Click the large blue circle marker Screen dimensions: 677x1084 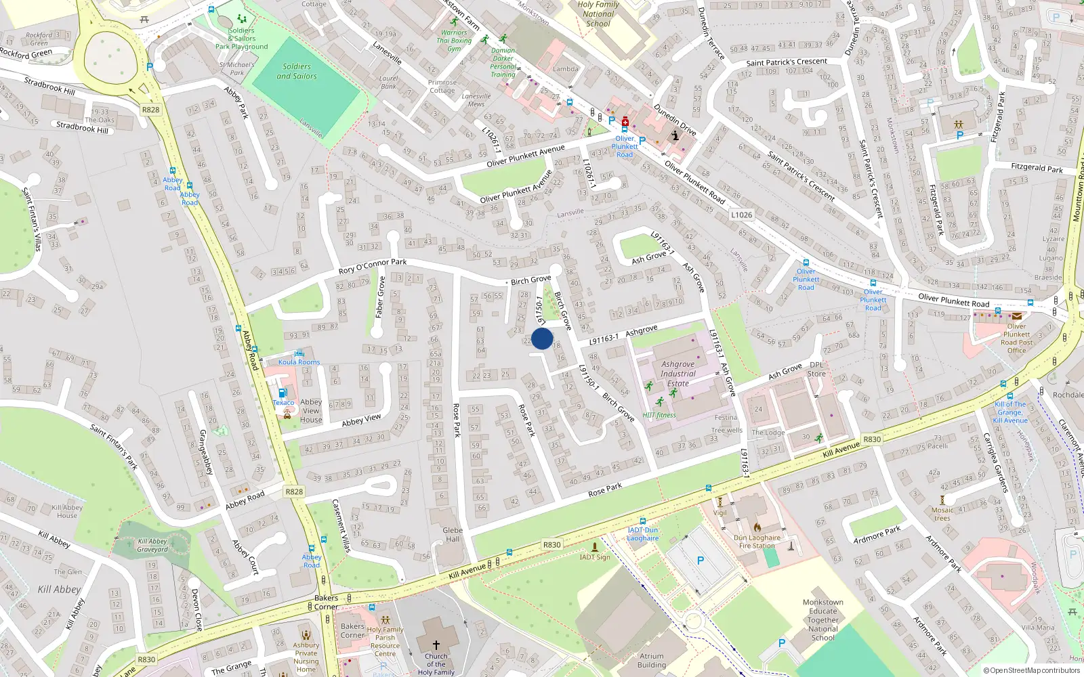tap(542, 338)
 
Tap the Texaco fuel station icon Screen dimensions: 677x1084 tap(283, 393)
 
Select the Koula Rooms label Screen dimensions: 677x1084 tap(299, 362)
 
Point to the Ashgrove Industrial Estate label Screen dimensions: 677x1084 tap(677, 374)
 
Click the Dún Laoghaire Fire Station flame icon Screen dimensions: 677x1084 tap(757, 527)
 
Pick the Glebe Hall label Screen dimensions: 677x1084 tap(453, 535)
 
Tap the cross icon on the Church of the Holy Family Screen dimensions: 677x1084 tap(436, 645)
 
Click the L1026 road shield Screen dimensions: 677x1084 tap(741, 215)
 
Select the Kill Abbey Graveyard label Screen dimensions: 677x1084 tap(152, 545)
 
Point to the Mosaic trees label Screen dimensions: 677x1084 tap(942, 515)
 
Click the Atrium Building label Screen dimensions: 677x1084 tap(652, 660)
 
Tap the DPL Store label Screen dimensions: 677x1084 tap(817, 369)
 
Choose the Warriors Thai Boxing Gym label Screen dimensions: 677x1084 tap(454, 41)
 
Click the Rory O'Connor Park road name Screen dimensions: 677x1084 tap(373, 266)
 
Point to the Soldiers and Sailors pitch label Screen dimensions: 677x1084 tap(297, 71)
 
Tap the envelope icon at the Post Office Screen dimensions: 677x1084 tap(1017, 315)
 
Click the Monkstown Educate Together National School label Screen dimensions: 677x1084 tap(823, 619)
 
